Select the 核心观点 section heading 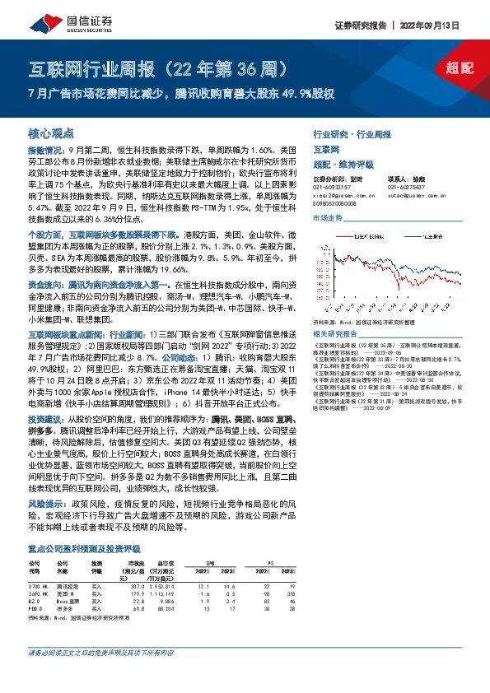pyautogui.click(x=51, y=133)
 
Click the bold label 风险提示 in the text pyautogui.click(x=48, y=500)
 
